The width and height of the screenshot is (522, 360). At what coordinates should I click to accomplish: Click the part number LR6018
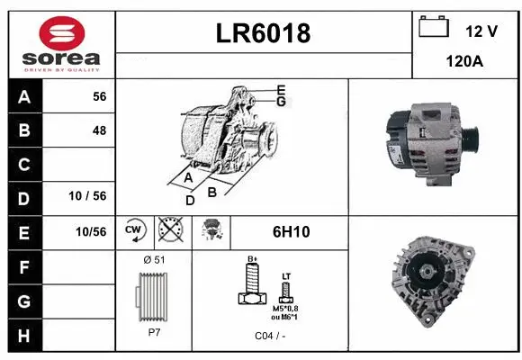[x=264, y=33]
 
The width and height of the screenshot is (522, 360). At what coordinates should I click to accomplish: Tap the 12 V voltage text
[x=481, y=31]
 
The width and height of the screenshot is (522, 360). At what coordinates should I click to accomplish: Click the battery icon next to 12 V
[x=434, y=28]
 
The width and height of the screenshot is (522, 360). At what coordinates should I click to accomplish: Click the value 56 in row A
[x=99, y=96]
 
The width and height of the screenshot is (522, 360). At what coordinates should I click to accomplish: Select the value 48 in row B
[x=99, y=130]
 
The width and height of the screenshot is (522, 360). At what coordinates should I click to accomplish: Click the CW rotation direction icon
[x=134, y=231]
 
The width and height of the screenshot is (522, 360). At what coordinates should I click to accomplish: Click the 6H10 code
[x=291, y=231]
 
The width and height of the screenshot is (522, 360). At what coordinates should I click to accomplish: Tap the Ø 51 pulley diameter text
[x=154, y=259]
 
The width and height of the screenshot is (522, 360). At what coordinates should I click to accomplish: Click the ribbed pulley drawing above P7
[x=153, y=295]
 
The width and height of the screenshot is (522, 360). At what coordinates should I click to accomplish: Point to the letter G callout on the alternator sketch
[x=281, y=102]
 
